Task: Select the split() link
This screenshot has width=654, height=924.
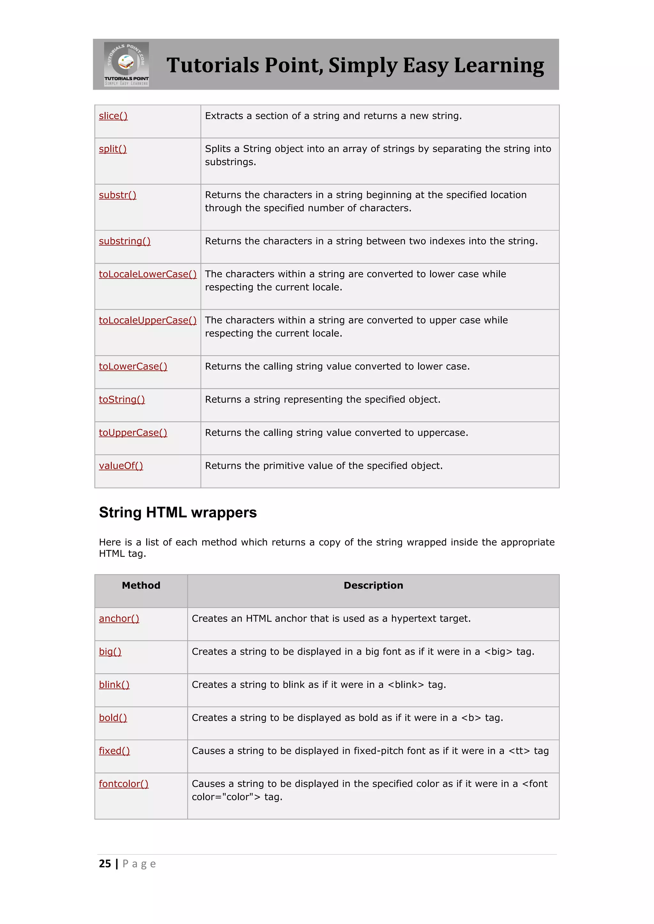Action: pyautogui.click(x=113, y=149)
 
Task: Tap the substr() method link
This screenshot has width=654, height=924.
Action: pyautogui.click(x=118, y=195)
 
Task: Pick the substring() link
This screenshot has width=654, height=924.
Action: pyautogui.click(x=125, y=242)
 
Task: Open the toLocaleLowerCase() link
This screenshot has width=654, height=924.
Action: pyautogui.click(x=148, y=274)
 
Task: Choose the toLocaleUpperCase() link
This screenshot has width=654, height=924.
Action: pyautogui.click(x=148, y=320)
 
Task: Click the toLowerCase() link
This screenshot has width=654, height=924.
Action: pyautogui.click(x=133, y=367)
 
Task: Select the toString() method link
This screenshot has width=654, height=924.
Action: pyautogui.click(x=122, y=399)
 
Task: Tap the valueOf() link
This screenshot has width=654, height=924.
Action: pyautogui.click(x=121, y=466)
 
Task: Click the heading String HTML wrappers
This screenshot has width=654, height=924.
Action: pyautogui.click(x=178, y=513)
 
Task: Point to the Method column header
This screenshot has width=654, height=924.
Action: pyautogui.click(x=141, y=585)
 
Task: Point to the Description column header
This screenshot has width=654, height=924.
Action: pyautogui.click(x=373, y=585)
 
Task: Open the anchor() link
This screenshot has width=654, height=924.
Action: pyautogui.click(x=119, y=619)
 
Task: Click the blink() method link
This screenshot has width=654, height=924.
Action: pyautogui.click(x=114, y=685)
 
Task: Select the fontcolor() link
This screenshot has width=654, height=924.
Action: pyautogui.click(x=124, y=784)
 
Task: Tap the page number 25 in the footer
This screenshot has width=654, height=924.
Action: pyautogui.click(x=105, y=864)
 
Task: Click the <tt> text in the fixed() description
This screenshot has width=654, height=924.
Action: pyautogui.click(x=519, y=751)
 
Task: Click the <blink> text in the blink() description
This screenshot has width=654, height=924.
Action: pyautogui.click(x=406, y=685)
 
